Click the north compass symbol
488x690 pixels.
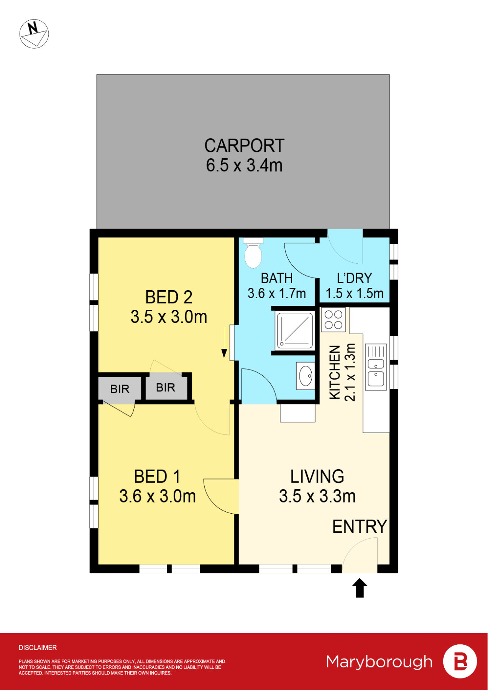(34, 34)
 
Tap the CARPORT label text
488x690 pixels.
(244, 146)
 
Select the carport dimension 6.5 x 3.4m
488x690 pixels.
(244, 166)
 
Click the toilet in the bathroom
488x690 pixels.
(253, 253)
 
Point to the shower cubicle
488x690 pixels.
(295, 330)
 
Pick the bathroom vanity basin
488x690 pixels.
(306, 376)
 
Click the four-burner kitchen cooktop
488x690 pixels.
(333, 320)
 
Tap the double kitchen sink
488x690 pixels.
(376, 367)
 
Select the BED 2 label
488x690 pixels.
(169, 297)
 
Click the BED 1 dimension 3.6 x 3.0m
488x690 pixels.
(158, 496)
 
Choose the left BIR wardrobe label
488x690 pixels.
(120, 389)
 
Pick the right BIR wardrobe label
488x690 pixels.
(166, 388)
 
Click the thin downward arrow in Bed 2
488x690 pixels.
(224, 343)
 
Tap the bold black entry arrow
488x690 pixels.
(360, 588)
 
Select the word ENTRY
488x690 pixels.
(359, 527)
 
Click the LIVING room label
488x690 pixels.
(317, 476)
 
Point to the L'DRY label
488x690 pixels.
(354, 278)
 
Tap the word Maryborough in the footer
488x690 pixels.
(379, 662)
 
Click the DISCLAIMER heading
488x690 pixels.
(38, 648)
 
